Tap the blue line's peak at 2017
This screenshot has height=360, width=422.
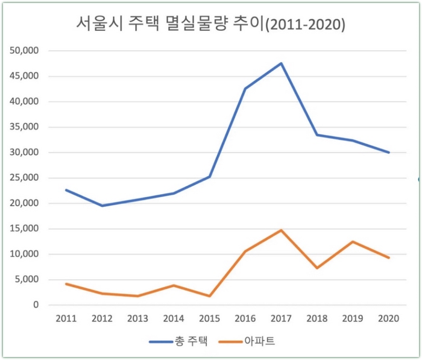pyautogui.click(x=282, y=63)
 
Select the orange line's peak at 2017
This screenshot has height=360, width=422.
pyautogui.click(x=282, y=230)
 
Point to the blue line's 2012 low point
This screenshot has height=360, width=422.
pyautogui.click(x=102, y=206)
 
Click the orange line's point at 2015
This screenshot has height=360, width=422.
pyautogui.click(x=210, y=296)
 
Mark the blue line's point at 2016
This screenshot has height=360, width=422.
pyautogui.click(x=245, y=89)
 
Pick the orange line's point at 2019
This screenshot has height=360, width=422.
pyautogui.click(x=353, y=242)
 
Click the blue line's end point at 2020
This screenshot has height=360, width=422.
pyautogui.click(x=389, y=153)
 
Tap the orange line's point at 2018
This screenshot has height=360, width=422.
pyautogui.click(x=317, y=268)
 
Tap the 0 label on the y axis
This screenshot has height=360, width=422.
pyautogui.click(x=35, y=305)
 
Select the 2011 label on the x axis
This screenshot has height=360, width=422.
pyautogui.click(x=66, y=318)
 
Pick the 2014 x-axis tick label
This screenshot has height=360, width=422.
pyautogui.click(x=174, y=318)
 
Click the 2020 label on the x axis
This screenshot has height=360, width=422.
pyautogui.click(x=389, y=318)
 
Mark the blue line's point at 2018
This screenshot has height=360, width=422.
pyautogui.click(x=317, y=134)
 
